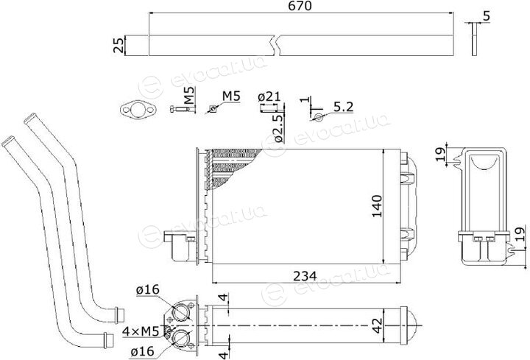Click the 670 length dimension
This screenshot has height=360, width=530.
[x=300, y=6]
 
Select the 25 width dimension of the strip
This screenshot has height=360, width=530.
[x=119, y=45]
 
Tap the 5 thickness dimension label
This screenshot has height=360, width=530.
[x=487, y=16]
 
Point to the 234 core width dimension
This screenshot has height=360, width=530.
[x=305, y=276]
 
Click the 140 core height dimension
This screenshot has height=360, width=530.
[x=376, y=206]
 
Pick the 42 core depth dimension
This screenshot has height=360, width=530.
[x=377, y=325]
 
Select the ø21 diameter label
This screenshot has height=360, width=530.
[x=269, y=97]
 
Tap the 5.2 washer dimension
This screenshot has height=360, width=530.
[x=343, y=107]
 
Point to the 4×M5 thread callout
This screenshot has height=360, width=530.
[x=141, y=331]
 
